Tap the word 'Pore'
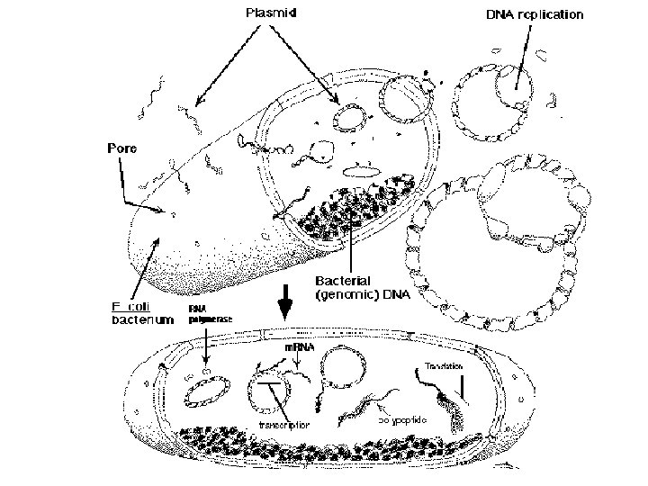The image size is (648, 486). (121, 148)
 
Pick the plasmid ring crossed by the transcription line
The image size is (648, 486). (267, 389)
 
